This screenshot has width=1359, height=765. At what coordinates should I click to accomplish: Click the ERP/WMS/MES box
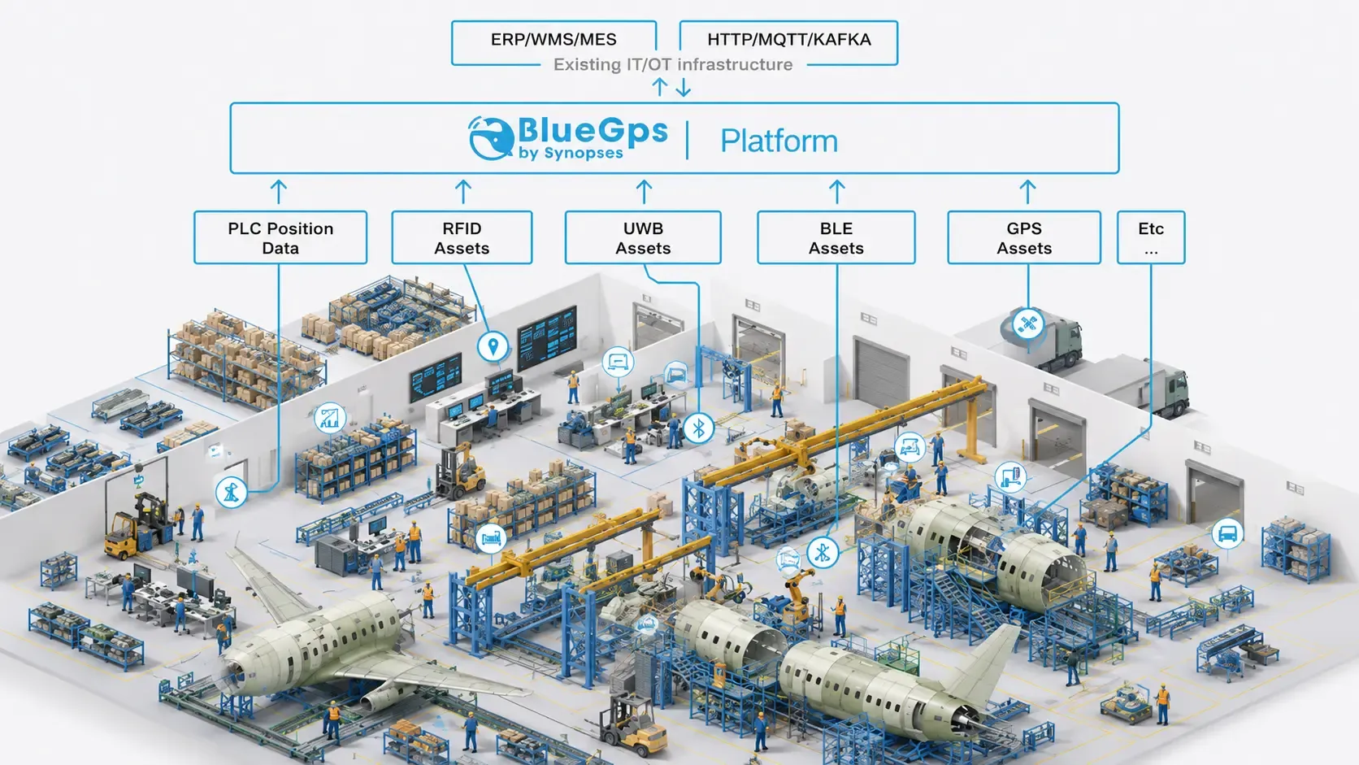(554, 42)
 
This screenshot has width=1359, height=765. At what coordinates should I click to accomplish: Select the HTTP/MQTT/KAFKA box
(788, 42)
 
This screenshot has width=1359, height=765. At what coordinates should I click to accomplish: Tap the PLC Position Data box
(280, 237)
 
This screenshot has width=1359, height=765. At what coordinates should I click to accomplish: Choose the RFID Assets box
(462, 237)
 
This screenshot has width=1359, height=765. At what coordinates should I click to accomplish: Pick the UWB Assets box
(643, 237)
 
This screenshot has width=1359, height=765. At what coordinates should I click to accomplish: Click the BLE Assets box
(836, 237)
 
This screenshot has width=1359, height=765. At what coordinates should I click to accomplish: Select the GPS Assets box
(1024, 237)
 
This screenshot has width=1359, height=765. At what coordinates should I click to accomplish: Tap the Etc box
(1151, 237)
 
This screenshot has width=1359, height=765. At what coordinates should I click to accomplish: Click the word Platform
(779, 141)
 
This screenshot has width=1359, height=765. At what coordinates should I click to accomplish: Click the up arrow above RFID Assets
(463, 191)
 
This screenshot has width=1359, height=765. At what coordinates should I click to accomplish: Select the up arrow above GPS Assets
(1027, 191)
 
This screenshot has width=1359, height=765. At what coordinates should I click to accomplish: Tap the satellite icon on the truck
(1028, 324)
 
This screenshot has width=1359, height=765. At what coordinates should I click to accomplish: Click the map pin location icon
(493, 347)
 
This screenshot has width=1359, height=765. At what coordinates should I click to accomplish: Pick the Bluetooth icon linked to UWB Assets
(698, 428)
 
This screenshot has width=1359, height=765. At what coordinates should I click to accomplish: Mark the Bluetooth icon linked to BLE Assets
(823, 553)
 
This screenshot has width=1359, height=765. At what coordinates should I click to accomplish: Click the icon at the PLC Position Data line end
(231, 491)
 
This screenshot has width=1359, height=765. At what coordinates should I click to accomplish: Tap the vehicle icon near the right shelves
(1227, 534)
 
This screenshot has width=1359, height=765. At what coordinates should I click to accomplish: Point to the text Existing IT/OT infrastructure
(673, 64)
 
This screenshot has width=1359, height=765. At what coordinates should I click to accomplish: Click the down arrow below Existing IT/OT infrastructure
(683, 87)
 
